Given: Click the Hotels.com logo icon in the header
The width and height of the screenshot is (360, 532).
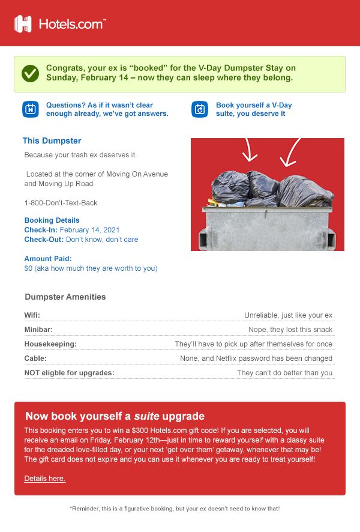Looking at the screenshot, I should [23, 23].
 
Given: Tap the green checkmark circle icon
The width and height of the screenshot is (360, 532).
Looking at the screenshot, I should [30, 74].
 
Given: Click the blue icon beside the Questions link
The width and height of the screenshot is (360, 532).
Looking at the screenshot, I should [31, 109].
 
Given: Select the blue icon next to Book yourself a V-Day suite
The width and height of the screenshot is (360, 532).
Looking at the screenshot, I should [200, 109].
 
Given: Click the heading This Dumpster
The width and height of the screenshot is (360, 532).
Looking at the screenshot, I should [52, 141].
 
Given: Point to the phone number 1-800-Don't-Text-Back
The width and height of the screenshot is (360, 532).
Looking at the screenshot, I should [61, 203].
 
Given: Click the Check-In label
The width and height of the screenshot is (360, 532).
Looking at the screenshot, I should [41, 230].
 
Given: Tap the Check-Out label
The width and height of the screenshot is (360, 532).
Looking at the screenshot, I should [44, 240].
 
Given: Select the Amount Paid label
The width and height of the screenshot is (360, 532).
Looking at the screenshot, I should [48, 259].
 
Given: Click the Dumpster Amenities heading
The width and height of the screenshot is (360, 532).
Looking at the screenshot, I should [65, 297].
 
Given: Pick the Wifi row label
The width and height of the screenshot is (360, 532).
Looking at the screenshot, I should [32, 315].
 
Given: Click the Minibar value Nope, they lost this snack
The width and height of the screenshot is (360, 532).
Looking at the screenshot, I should [290, 330].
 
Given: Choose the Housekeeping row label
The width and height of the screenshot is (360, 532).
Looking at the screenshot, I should [50, 344].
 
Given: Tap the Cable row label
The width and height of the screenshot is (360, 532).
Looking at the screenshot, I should [35, 358].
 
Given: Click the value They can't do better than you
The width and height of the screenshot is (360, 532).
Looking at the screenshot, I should [284, 373].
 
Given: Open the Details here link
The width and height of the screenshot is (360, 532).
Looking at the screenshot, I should [45, 479].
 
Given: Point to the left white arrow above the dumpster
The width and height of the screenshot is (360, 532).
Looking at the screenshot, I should [249, 151].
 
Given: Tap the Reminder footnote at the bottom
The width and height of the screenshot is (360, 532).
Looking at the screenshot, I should [175, 509].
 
